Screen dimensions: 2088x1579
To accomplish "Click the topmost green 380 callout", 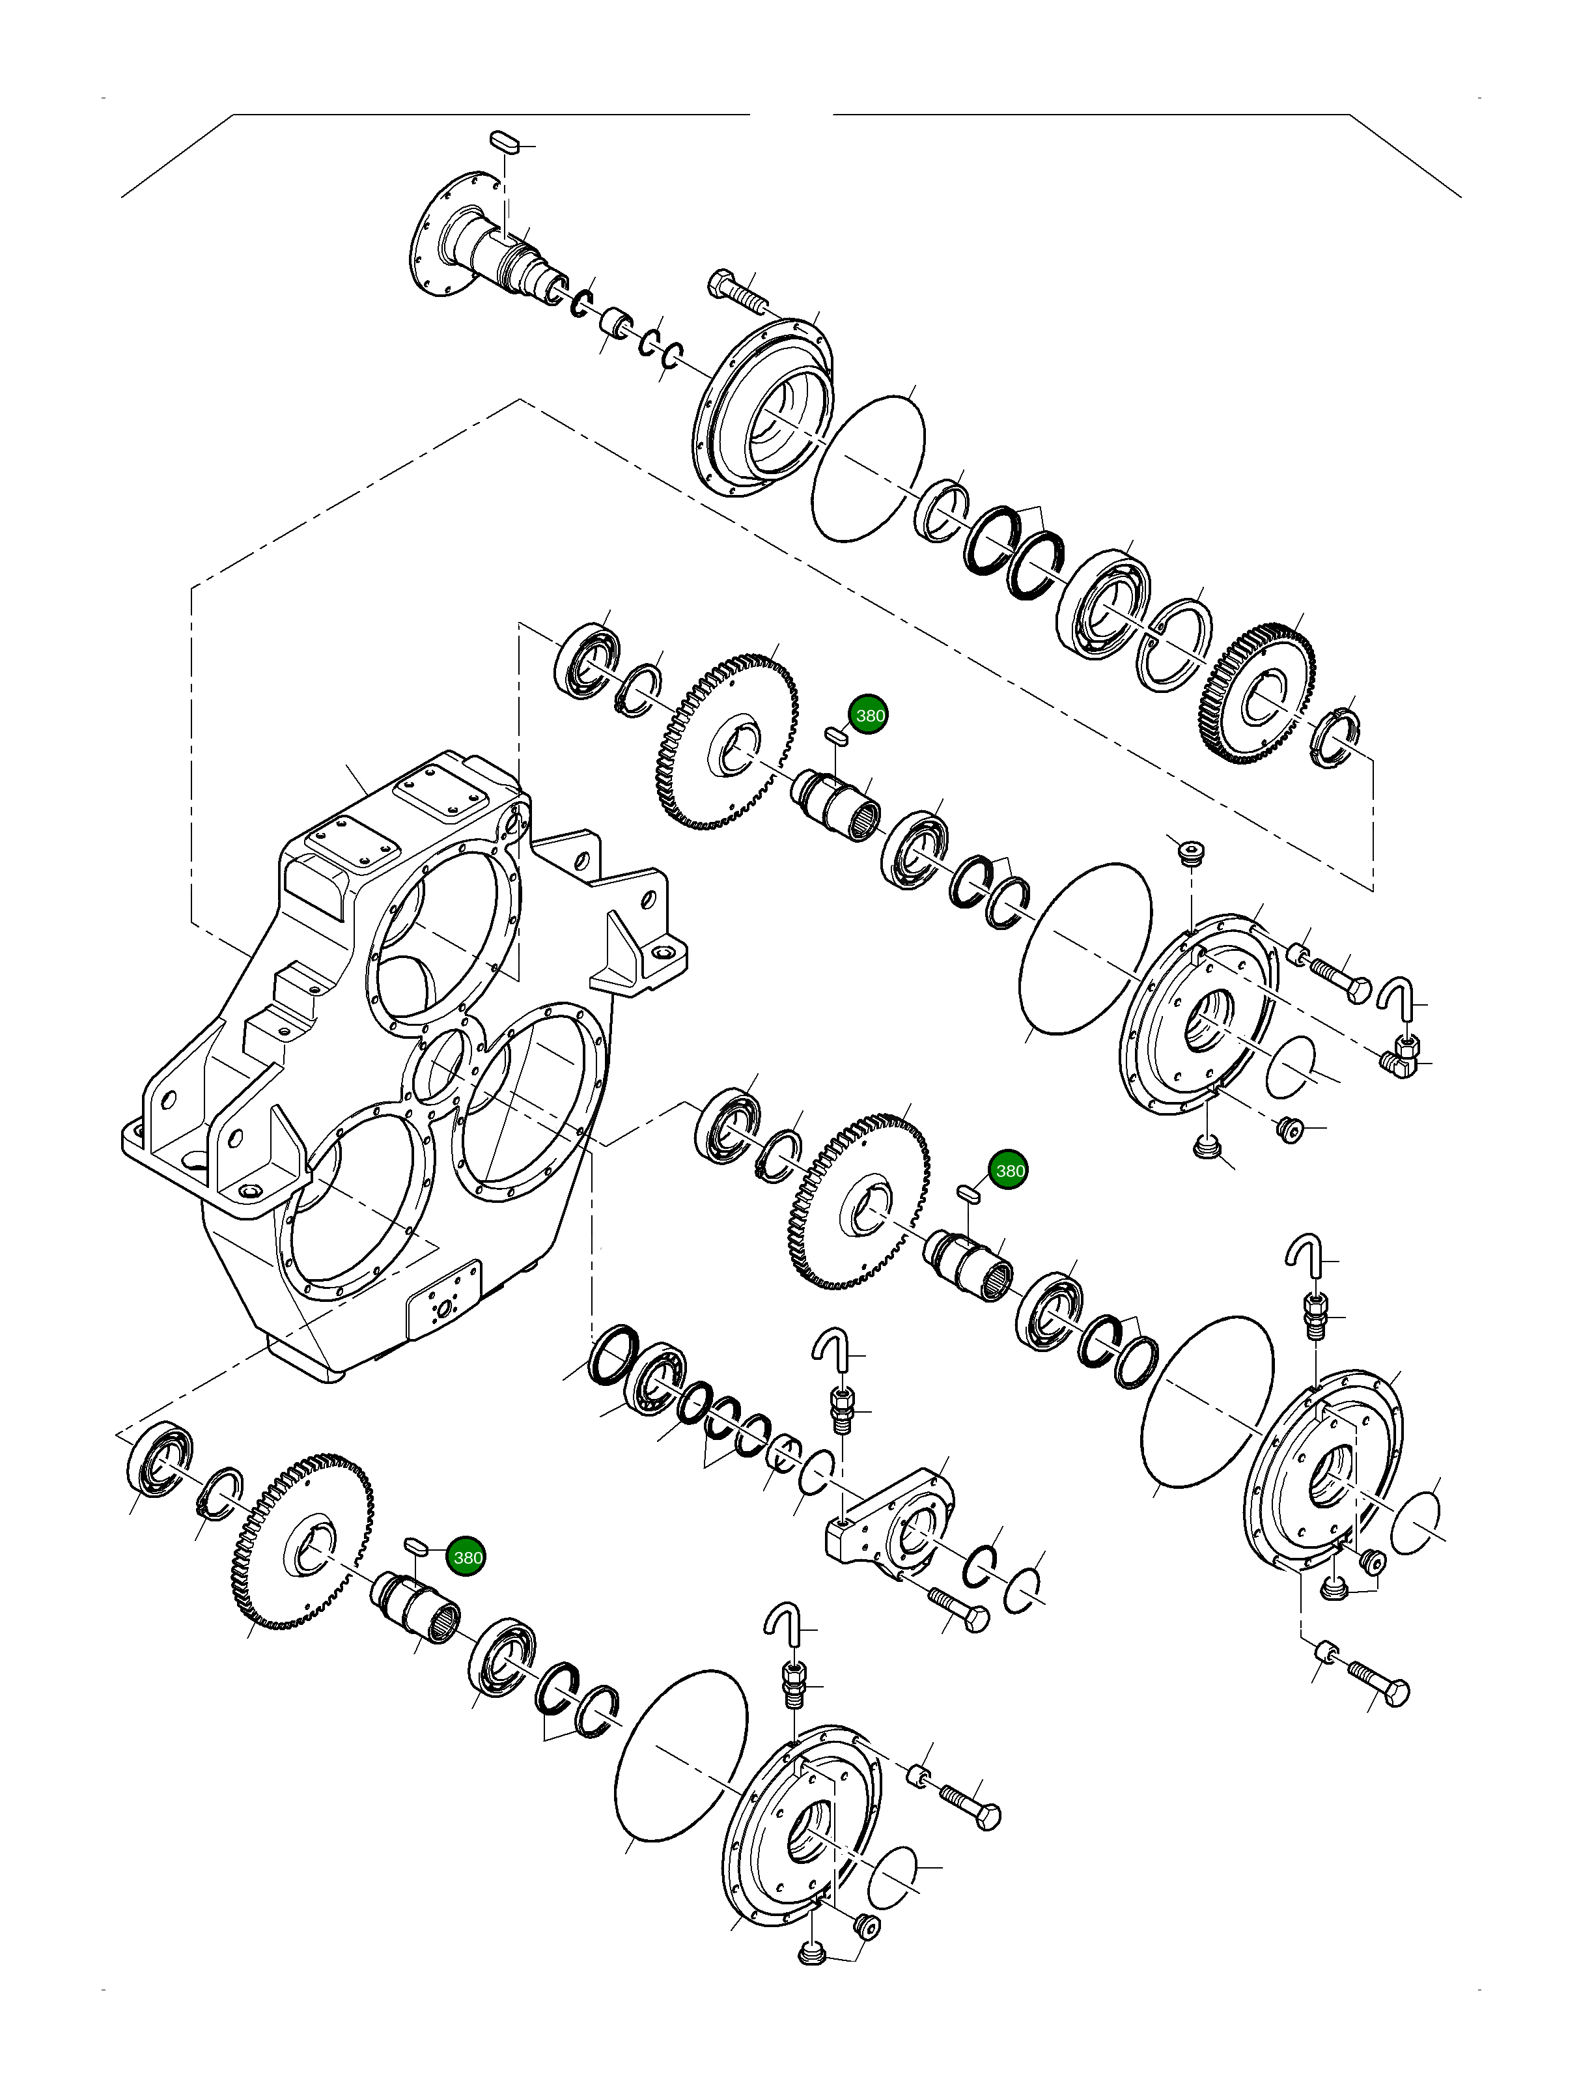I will (869, 716).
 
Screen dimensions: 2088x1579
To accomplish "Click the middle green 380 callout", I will (1009, 1170).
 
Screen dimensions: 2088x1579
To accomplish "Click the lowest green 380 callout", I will (467, 1557).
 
